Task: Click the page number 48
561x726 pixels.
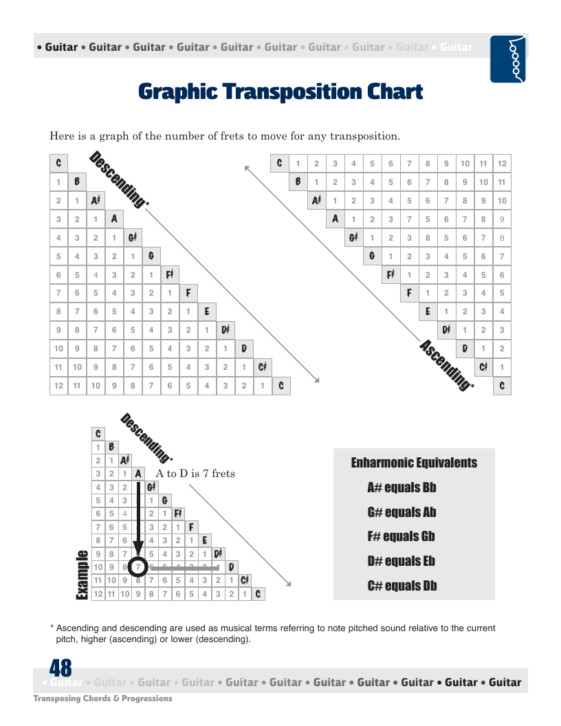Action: pos(60,668)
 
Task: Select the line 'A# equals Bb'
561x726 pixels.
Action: pos(401,487)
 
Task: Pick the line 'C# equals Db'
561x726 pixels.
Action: pos(401,586)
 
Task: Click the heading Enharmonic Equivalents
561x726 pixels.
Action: pos(414,462)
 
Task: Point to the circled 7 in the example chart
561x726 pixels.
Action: pos(139,567)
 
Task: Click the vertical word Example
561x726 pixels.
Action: pos(82,575)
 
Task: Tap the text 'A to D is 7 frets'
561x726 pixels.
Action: pos(195,474)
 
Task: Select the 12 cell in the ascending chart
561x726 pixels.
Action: pos(502,164)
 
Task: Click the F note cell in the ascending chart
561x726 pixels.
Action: pos(409,293)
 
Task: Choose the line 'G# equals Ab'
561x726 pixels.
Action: pos(401,512)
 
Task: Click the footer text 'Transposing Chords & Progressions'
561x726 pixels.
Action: pos(103,698)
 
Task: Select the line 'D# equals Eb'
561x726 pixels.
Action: pos(401,561)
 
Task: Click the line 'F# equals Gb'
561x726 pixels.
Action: pos(401,536)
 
